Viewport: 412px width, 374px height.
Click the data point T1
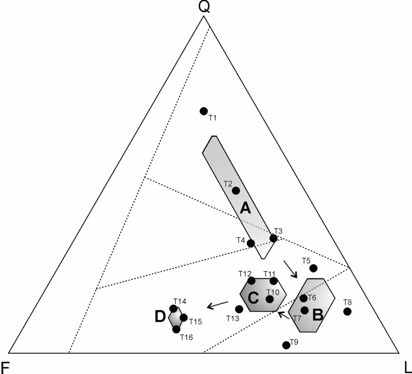coord(203,111)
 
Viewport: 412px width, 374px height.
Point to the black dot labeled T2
coord(236,190)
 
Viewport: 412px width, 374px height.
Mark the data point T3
coord(273,238)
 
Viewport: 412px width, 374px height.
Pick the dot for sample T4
coord(251,243)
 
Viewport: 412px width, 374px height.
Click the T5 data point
coord(313,268)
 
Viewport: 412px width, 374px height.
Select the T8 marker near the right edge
coord(347,311)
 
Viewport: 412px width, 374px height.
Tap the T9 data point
coord(286,345)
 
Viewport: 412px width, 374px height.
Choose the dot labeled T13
coord(239,309)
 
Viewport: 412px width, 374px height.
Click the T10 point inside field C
coord(270,299)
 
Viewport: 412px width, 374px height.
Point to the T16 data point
coord(176,330)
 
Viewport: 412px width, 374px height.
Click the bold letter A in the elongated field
coord(245,209)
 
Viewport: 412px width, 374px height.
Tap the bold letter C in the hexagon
coord(254,298)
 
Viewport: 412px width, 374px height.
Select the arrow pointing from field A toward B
coord(290,269)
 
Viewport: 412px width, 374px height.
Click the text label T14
coord(180,301)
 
